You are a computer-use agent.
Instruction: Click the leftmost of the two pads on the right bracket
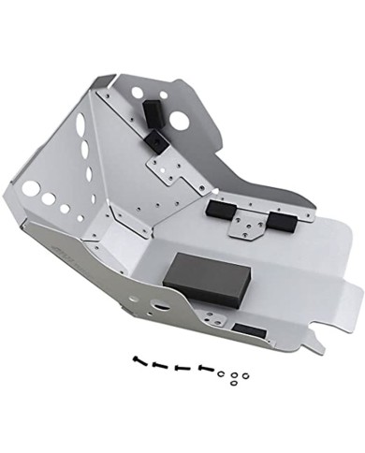coord(223,208)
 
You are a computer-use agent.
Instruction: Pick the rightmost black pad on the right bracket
coord(280,221)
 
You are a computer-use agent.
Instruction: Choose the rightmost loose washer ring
coord(245,375)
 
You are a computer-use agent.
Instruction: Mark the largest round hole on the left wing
coord(31,189)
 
